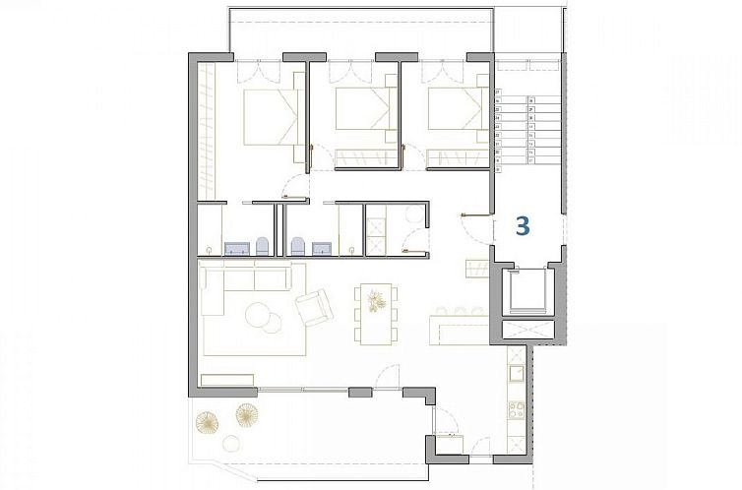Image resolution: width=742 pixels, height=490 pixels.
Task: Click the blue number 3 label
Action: point(523,225)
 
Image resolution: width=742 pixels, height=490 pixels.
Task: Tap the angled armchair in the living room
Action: point(314,308)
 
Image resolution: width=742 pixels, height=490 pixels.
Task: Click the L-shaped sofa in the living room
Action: point(241,295)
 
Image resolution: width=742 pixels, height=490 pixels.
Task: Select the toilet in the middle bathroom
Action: point(297,245)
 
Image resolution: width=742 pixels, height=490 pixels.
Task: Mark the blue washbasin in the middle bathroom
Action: point(321,248)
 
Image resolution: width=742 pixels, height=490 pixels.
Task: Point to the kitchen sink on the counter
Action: point(512,374)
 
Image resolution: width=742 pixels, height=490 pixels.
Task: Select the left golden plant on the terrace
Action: point(207,423)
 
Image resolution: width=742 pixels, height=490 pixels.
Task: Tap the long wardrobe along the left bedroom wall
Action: point(208,128)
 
